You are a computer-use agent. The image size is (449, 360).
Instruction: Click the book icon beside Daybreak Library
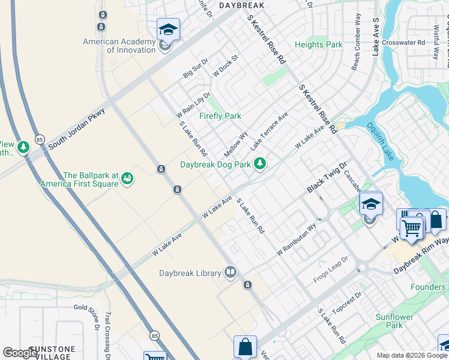tap(231, 273)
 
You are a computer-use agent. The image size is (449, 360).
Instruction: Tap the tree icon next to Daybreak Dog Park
tap(260, 163)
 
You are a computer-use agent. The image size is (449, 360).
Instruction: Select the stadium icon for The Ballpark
tap(127, 178)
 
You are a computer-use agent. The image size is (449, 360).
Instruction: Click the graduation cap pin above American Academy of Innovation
tap(168, 29)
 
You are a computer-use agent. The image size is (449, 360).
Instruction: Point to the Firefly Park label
tap(220, 116)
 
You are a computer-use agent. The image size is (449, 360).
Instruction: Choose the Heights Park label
tap(318, 44)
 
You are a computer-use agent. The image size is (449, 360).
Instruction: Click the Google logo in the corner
tap(20, 353)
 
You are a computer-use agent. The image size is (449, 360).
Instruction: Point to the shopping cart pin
tap(411, 227)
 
